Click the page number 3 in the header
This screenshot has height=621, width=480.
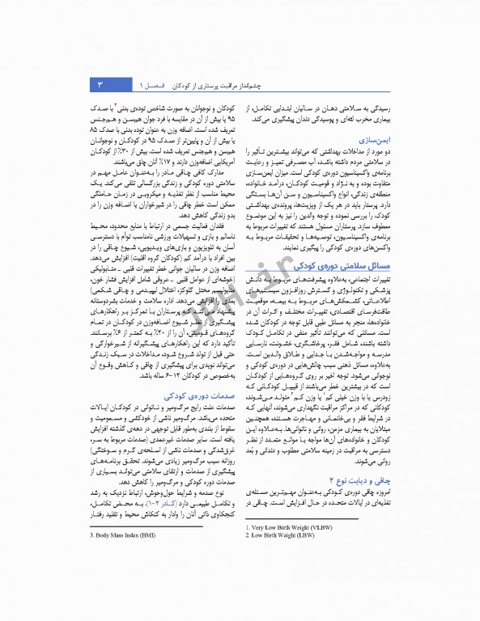[x=99, y=84]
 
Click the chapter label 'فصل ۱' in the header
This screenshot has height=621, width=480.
[x=151, y=84]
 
